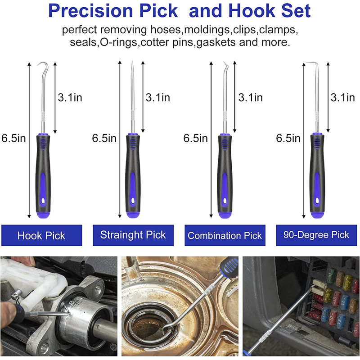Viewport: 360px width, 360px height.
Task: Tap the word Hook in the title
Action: (252, 11)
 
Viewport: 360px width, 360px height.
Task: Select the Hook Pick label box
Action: (41, 235)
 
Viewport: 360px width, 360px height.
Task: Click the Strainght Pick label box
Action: (133, 235)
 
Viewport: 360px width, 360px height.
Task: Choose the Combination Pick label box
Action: (225, 235)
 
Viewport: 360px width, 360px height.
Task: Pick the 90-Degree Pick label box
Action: (316, 235)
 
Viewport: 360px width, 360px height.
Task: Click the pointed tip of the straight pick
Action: (132, 61)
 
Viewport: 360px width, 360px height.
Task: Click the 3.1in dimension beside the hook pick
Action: (70, 97)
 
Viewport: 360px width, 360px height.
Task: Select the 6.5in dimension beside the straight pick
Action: (104, 138)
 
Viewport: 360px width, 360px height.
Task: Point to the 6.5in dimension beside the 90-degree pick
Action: (288, 138)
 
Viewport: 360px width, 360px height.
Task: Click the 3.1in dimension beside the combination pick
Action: (251, 97)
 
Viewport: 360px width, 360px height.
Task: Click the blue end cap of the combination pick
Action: (225, 215)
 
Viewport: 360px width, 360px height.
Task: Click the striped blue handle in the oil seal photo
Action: (228, 266)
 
